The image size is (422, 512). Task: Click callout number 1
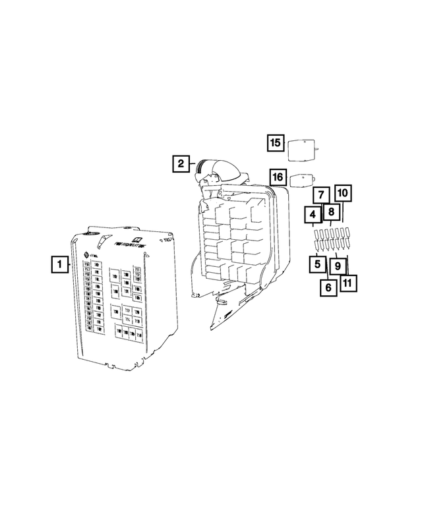click(x=59, y=265)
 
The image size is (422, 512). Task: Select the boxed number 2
click(x=181, y=163)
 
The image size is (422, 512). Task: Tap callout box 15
click(x=275, y=142)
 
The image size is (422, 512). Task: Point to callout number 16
click(x=278, y=177)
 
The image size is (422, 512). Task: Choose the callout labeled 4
click(x=313, y=215)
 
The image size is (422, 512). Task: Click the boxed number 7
click(x=320, y=194)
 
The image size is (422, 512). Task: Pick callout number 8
click(x=331, y=212)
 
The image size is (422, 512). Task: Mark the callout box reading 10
click(x=343, y=194)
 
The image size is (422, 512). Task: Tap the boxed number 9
click(x=337, y=266)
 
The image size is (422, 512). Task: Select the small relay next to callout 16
click(x=303, y=181)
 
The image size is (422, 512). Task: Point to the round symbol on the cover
click(x=86, y=255)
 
